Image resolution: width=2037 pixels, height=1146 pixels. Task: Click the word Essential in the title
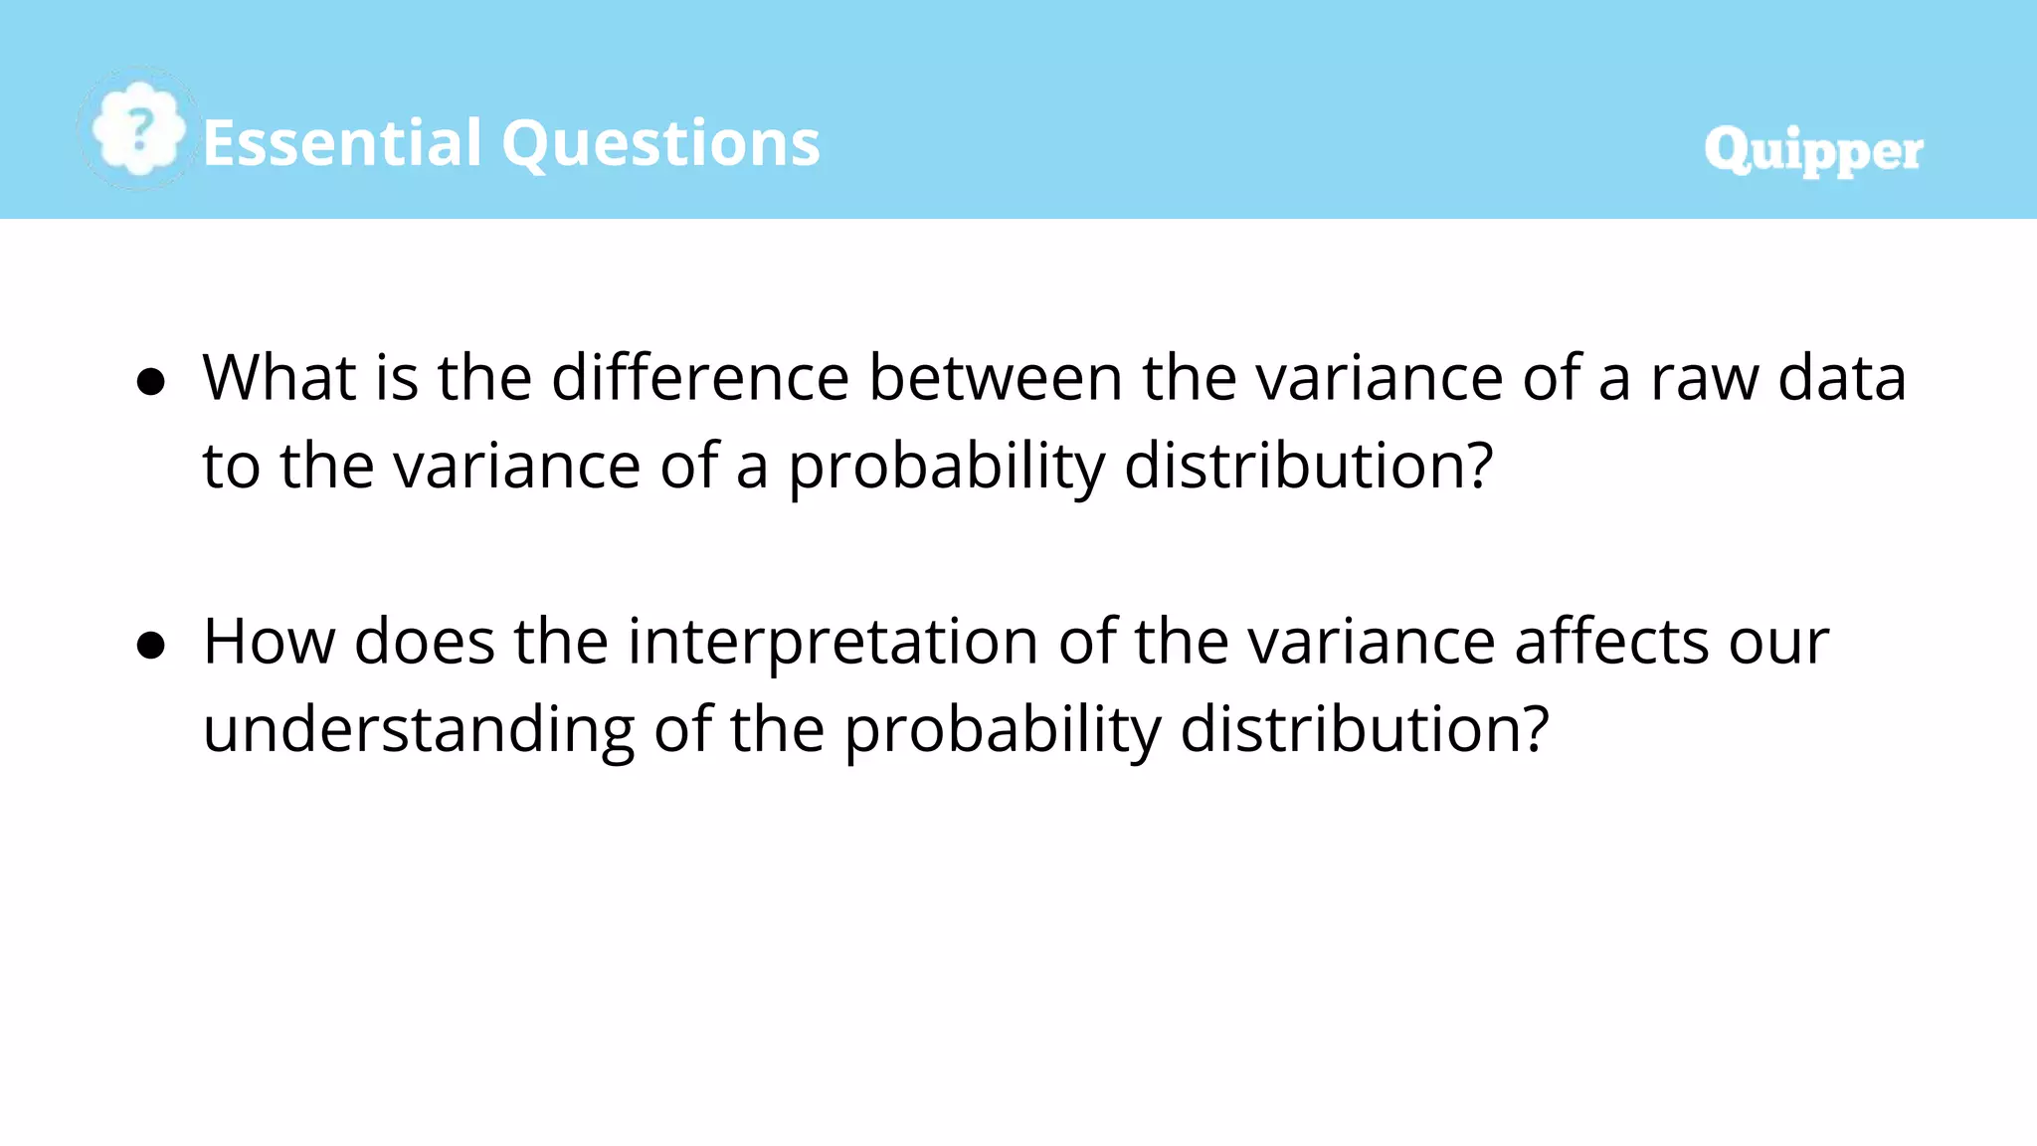pyautogui.click(x=342, y=142)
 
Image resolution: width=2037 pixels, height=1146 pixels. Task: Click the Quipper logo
pyautogui.click(x=1813, y=151)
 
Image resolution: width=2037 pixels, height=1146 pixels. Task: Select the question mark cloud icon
pyautogui.click(x=138, y=129)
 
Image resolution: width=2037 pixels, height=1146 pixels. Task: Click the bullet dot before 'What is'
pyautogui.click(x=151, y=381)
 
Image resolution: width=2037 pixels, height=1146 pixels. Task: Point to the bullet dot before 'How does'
pyautogui.click(x=151, y=645)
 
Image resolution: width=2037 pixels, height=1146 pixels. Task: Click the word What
pyautogui.click(x=279, y=378)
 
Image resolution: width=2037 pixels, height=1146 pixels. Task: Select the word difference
pyautogui.click(x=700, y=378)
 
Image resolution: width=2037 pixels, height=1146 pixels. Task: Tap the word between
pyautogui.click(x=996, y=378)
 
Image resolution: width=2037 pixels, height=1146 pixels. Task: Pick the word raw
pyautogui.click(x=1704, y=380)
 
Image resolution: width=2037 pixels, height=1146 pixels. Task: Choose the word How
pyautogui.click(x=269, y=642)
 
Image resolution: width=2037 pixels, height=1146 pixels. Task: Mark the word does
pyautogui.click(x=425, y=642)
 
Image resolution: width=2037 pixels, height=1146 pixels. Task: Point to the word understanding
pyautogui.click(x=419, y=729)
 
